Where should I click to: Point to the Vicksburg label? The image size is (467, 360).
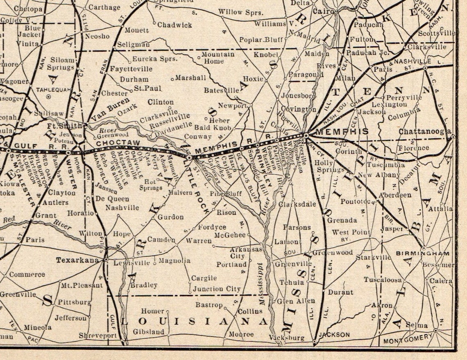(287, 338)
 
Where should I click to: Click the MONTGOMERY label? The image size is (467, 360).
(408, 339)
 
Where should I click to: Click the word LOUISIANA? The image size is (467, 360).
(194, 321)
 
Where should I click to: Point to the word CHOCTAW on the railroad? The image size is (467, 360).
(118, 143)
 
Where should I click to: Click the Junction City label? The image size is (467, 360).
(217, 289)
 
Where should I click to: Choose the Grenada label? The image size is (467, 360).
(342, 220)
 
